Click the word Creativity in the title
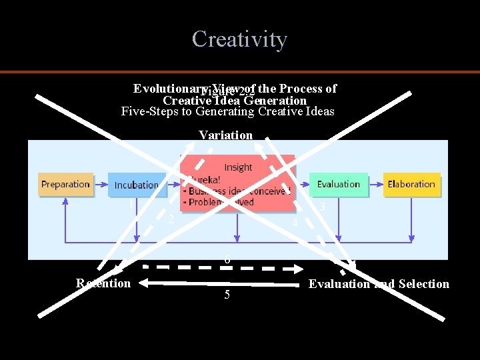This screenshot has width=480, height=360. (239, 39)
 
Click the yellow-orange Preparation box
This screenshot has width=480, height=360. (65, 185)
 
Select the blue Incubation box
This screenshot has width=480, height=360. (137, 185)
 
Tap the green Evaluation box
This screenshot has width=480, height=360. (338, 185)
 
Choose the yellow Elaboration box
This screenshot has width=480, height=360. (411, 185)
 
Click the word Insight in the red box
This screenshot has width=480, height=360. (238, 167)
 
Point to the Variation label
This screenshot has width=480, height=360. (225, 135)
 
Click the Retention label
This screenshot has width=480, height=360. (103, 283)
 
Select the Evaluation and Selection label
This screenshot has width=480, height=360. (379, 284)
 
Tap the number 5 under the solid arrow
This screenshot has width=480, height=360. (227, 295)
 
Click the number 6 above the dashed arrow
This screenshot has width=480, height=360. (227, 259)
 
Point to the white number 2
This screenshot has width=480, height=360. (171, 219)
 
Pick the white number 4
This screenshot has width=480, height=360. (295, 224)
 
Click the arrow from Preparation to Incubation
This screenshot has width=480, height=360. (100, 185)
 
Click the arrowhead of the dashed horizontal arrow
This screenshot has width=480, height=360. (298, 269)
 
